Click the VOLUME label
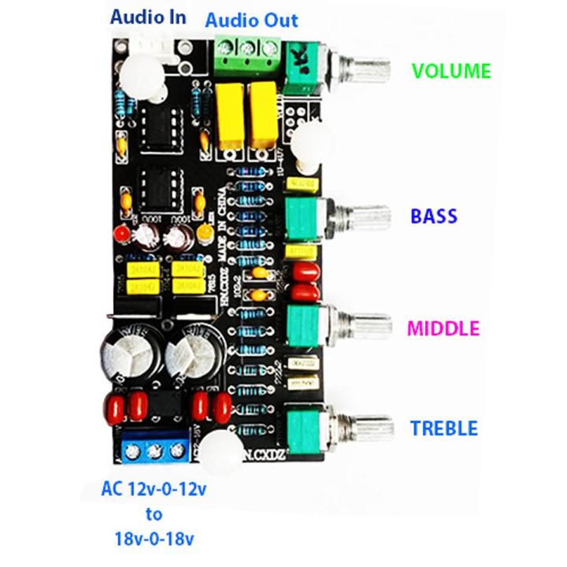click(451, 72)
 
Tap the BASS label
click(434, 216)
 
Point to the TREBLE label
click(444, 429)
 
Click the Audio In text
click(148, 17)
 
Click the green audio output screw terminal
click(243, 53)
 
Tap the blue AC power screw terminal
click(153, 450)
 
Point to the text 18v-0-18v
click(154, 539)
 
